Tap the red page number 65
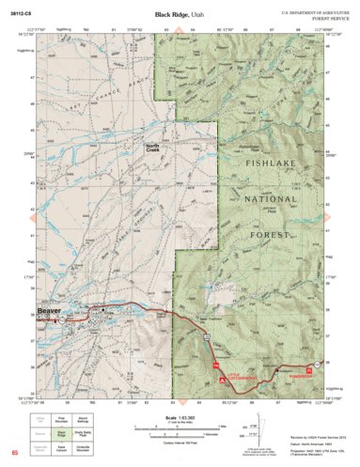coord(14,454)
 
